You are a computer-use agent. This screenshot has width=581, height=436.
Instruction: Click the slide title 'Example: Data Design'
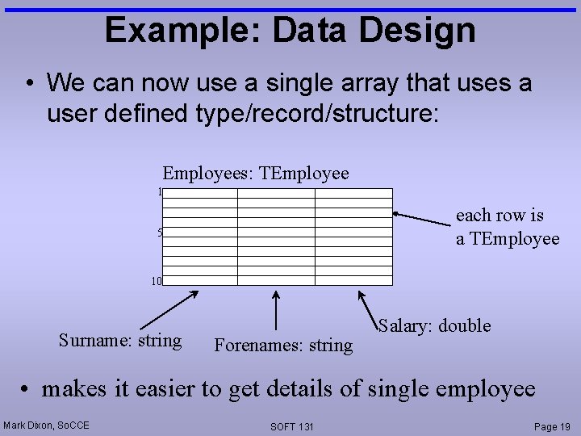pyautogui.click(x=290, y=30)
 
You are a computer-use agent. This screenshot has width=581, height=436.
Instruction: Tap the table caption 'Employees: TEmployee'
pyautogui.click(x=256, y=173)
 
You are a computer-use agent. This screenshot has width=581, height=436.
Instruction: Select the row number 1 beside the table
pyautogui.click(x=160, y=192)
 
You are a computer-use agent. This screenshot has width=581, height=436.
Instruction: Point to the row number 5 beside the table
pyautogui.click(x=160, y=233)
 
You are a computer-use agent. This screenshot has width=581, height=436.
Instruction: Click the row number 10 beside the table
pyautogui.click(x=157, y=281)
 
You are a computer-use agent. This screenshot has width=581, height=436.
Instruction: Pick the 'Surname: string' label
pyautogui.click(x=120, y=340)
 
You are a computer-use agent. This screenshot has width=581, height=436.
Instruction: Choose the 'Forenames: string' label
pyautogui.click(x=283, y=346)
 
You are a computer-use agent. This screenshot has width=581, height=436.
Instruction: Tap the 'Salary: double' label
pyautogui.click(x=434, y=325)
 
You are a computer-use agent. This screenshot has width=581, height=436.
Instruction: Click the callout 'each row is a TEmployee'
pyautogui.click(x=507, y=227)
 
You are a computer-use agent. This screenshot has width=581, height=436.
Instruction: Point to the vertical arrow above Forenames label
pyautogui.click(x=277, y=310)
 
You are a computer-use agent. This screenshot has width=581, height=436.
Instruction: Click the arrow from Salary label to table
pyautogui.click(x=367, y=308)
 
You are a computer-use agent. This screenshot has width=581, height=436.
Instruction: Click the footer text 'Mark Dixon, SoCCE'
pyautogui.click(x=47, y=426)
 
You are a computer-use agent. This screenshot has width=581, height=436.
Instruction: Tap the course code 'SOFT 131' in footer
pyautogui.click(x=291, y=426)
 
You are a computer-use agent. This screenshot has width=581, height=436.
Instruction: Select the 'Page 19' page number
pyautogui.click(x=552, y=426)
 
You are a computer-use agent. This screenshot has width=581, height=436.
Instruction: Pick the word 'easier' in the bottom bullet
pyautogui.click(x=164, y=389)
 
